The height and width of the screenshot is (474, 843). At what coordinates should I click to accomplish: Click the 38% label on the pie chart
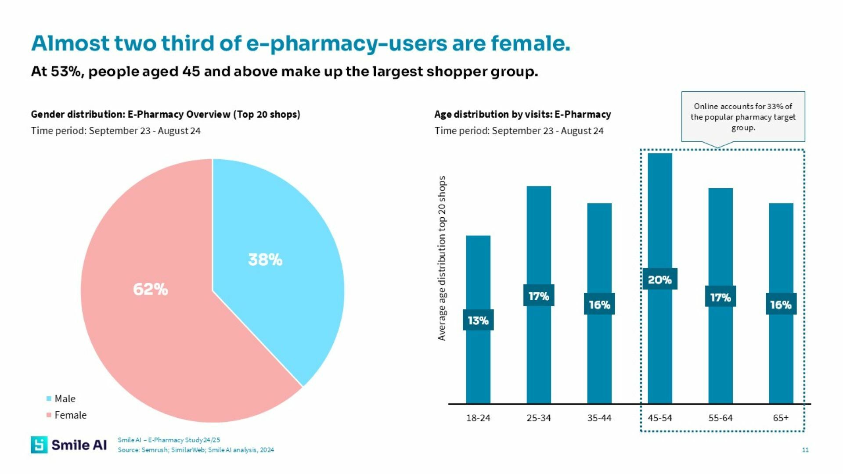click(x=265, y=260)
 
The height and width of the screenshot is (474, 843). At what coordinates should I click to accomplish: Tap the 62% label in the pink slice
click(x=150, y=290)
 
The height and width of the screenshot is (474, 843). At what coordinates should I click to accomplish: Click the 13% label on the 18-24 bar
click(x=478, y=320)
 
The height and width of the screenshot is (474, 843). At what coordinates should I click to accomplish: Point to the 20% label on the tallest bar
click(x=659, y=280)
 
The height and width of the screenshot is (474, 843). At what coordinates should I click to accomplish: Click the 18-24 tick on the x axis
click(x=478, y=418)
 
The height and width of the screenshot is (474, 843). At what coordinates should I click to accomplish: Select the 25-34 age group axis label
click(x=539, y=418)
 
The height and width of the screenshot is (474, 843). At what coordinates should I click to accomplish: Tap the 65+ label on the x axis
click(x=781, y=418)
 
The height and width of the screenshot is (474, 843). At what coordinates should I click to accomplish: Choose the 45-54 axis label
click(x=660, y=418)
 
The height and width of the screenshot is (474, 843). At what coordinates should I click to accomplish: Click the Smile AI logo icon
click(x=39, y=445)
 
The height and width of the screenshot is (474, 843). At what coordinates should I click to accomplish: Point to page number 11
click(x=805, y=450)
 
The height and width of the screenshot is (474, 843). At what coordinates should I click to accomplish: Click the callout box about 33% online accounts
click(x=743, y=117)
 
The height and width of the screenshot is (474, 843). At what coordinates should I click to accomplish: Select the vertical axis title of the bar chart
click(x=442, y=258)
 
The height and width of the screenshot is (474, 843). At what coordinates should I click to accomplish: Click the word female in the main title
click(x=530, y=43)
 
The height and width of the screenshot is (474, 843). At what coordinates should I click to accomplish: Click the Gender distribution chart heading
click(x=166, y=115)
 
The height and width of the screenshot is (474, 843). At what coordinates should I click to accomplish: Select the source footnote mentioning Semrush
click(x=196, y=450)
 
